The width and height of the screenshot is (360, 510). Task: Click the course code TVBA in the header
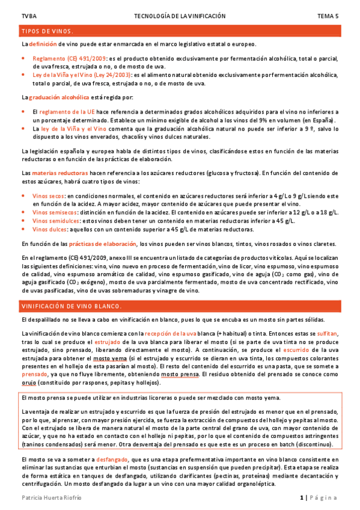point(28,16)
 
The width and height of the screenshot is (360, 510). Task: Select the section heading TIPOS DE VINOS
point(47,31)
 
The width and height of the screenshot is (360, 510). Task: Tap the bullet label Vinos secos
point(49,196)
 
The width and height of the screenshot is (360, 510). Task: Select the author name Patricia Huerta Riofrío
point(52,498)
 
